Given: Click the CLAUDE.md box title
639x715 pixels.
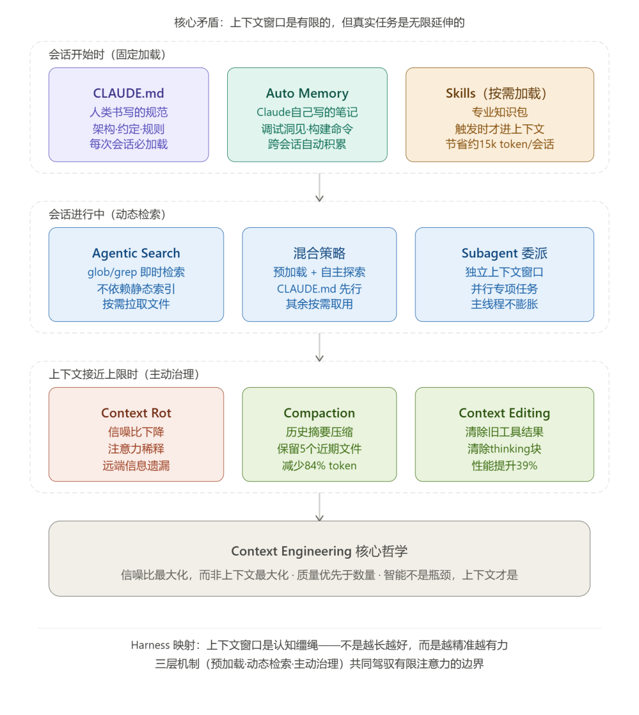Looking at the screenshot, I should (x=128, y=94).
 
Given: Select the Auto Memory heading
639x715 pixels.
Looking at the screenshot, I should (x=307, y=94).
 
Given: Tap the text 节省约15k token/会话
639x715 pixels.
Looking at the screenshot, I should (x=499, y=144).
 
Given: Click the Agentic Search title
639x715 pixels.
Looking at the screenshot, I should (x=136, y=253).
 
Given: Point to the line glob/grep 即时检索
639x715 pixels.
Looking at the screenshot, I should (x=136, y=272).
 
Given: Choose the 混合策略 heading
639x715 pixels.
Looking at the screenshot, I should (x=319, y=253).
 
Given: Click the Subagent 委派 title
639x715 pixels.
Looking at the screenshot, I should (x=504, y=253).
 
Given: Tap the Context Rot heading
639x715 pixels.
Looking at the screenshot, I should (x=136, y=413).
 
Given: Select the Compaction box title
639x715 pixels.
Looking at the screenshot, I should (x=319, y=413).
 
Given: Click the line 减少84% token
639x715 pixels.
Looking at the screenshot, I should (x=319, y=466).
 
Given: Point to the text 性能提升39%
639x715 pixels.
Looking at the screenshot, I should (x=504, y=466).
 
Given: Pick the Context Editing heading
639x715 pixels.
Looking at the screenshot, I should (x=504, y=413).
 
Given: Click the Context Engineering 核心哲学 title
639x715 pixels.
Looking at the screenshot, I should (x=319, y=552).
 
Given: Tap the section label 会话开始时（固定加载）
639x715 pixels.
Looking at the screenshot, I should (x=107, y=55).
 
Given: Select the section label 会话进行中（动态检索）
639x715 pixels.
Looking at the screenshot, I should (x=107, y=215).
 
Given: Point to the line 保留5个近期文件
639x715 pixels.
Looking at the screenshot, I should (x=319, y=449).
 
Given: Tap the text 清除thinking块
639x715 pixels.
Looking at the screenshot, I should (x=504, y=449).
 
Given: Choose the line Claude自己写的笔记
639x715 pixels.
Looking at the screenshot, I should (x=307, y=112).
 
